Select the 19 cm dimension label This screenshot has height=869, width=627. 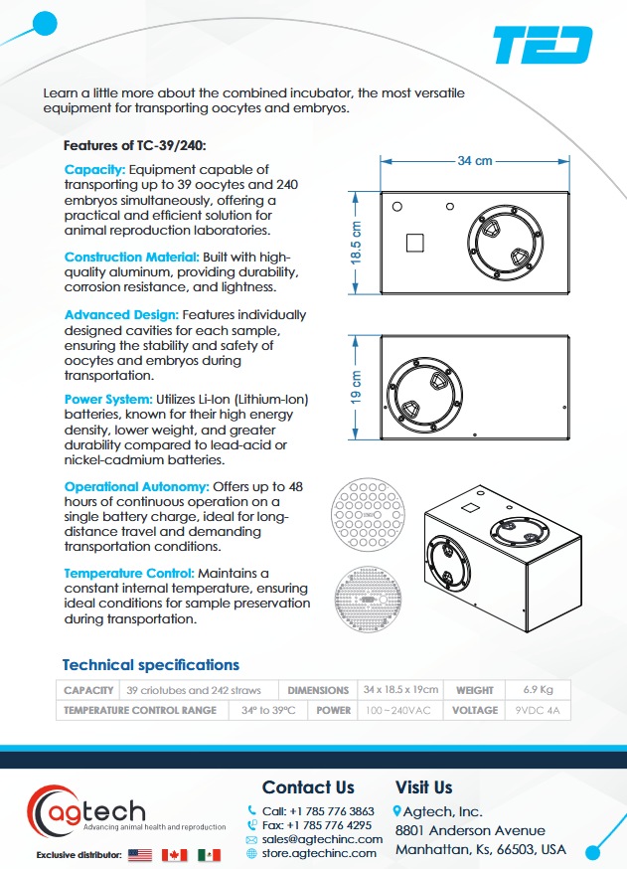pyautogui.click(x=356, y=387)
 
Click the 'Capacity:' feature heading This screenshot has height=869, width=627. pyautogui.click(x=95, y=170)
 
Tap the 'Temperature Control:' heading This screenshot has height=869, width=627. pyautogui.click(x=129, y=574)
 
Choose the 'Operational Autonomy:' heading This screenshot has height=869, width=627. pyautogui.click(x=136, y=486)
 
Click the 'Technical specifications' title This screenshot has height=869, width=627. pyautogui.click(x=151, y=664)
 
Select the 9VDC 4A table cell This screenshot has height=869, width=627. pyautogui.click(x=538, y=710)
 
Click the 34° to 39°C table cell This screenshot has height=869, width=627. pyautogui.click(x=268, y=710)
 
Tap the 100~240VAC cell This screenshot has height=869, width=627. pyautogui.click(x=397, y=710)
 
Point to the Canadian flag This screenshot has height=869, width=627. pyautogui.click(x=174, y=854)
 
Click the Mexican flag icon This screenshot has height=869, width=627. pyautogui.click(x=208, y=854)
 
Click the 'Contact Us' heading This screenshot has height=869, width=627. pyautogui.click(x=308, y=787)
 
